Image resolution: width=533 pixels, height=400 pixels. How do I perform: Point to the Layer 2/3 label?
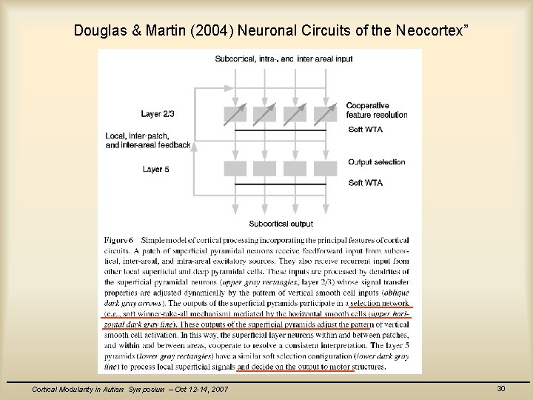coord(158,113)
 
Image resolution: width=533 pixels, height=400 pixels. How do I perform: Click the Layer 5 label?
coord(156,170)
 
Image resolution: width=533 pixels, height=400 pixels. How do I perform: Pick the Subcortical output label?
coord(281,223)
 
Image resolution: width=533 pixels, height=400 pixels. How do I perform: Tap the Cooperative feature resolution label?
coord(376,110)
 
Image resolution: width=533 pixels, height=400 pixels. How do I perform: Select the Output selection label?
coord(376,162)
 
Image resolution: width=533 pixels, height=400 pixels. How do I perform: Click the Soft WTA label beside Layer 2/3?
coord(365,130)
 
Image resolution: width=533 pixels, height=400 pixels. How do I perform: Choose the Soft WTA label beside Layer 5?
coord(365,182)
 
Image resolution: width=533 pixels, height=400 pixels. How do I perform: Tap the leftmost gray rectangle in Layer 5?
coord(235,168)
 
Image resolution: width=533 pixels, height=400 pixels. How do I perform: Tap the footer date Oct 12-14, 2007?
coord(198,390)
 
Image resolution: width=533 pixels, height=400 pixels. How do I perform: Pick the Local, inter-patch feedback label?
coord(148,141)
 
